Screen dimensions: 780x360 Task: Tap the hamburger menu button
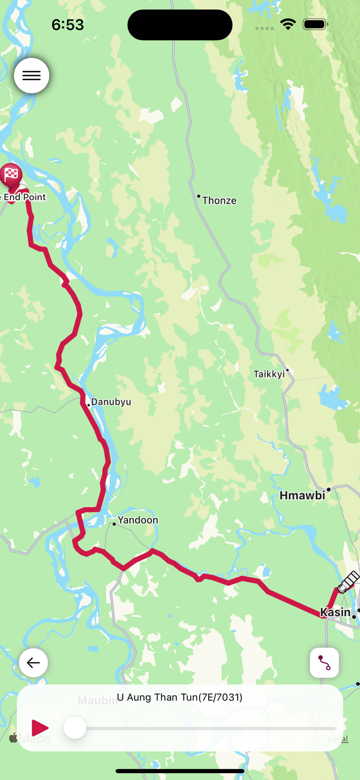[32, 75]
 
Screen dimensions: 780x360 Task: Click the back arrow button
[33, 662]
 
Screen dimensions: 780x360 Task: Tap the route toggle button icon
[325, 662]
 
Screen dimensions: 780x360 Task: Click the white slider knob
[75, 727]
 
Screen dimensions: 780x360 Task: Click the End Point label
[24, 197]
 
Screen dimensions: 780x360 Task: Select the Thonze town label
[219, 201]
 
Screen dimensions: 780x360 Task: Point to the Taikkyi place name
[269, 374]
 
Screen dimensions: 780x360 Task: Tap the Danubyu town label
[111, 402]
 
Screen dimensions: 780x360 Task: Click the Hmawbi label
[302, 496]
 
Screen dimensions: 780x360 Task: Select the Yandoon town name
[137, 520]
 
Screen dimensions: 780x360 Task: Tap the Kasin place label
[335, 613]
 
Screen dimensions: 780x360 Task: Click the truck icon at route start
[348, 582]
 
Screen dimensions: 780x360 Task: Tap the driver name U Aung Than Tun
[179, 697]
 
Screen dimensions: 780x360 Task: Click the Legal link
[338, 739]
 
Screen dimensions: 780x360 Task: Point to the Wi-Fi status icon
[288, 24]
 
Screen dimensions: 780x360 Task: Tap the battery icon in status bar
[315, 24]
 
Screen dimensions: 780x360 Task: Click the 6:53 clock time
[68, 24]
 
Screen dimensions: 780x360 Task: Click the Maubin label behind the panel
[97, 700]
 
